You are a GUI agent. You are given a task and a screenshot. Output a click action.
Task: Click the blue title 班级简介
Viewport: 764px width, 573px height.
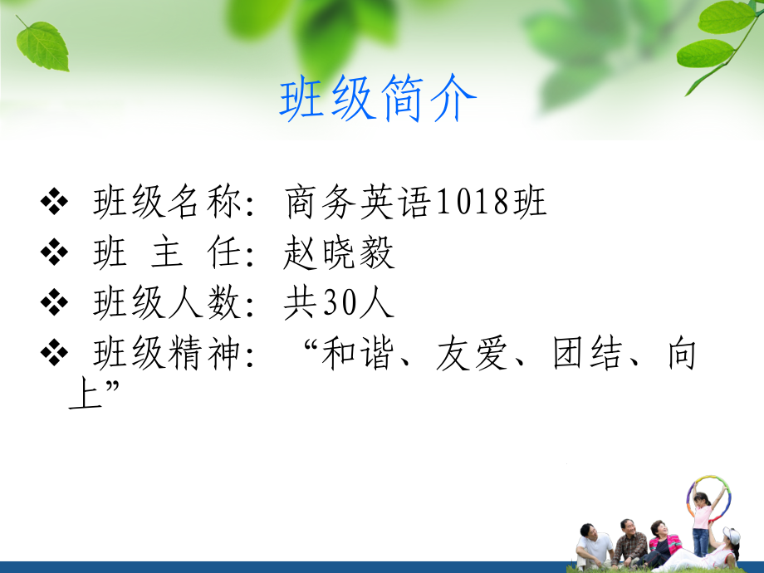(x=378, y=99)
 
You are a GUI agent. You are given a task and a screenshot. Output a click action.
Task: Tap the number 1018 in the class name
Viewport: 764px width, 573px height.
(x=472, y=202)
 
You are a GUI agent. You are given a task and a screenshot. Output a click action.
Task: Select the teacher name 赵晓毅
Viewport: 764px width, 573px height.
(x=339, y=252)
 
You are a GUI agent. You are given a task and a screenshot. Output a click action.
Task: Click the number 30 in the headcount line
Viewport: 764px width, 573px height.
(x=339, y=302)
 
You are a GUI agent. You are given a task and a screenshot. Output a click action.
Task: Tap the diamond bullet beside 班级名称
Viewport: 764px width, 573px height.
(x=54, y=201)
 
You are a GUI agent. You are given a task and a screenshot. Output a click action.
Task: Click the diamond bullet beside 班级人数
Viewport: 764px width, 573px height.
(x=54, y=302)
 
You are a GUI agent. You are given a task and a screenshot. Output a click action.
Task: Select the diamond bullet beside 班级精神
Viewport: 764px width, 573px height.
(x=54, y=352)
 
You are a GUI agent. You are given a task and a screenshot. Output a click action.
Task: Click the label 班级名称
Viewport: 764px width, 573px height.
(x=168, y=202)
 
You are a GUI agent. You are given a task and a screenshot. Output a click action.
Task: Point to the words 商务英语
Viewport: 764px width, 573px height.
(x=358, y=202)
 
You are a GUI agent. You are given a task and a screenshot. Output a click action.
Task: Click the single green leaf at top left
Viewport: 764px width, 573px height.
(x=43, y=47)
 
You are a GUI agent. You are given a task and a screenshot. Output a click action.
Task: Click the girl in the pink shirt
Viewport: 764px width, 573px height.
(x=702, y=525)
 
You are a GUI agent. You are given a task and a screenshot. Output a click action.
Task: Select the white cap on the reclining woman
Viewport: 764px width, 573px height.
(x=732, y=536)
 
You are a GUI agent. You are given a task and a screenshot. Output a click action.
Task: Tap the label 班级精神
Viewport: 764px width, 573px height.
(x=168, y=353)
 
